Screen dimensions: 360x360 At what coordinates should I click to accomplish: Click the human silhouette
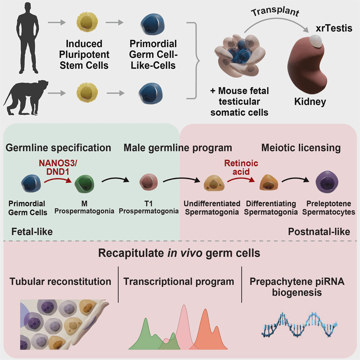pyautogui.click(x=27, y=39)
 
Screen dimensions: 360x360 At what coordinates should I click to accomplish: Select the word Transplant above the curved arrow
pyautogui.click(x=275, y=12)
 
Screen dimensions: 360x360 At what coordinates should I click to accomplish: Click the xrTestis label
pyautogui.click(x=334, y=28)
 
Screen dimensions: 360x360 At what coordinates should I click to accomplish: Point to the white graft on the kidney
pyautogui.click(x=316, y=41)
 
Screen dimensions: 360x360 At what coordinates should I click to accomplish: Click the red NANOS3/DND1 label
pyautogui.click(x=58, y=167)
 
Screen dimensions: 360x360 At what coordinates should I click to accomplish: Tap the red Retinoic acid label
pyautogui.click(x=241, y=167)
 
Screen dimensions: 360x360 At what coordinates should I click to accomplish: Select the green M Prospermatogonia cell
pyautogui.click(x=84, y=184)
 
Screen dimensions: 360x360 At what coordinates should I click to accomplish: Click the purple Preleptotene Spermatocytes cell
pyautogui.click(x=327, y=182)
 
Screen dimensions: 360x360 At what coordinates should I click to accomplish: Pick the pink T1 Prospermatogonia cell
pyautogui.click(x=149, y=182)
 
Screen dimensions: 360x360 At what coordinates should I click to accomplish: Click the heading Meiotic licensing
pyautogui.click(x=301, y=148)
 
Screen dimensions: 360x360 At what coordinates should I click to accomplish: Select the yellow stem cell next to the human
pyautogui.click(x=87, y=22)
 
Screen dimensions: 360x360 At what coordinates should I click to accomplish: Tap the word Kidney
pyautogui.click(x=310, y=102)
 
